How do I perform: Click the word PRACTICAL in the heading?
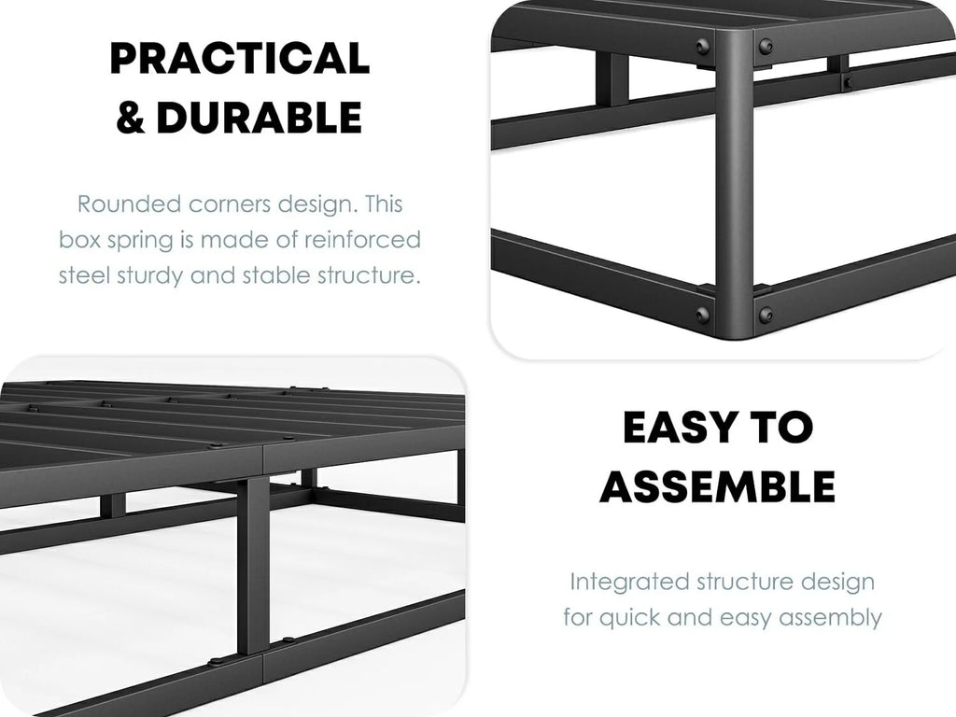pyautogui.click(x=240, y=58)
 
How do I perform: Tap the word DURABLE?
pyautogui.click(x=260, y=117)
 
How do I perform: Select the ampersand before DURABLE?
pyautogui.click(x=131, y=117)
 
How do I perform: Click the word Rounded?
pyautogui.click(x=129, y=204)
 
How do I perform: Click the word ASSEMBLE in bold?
pyautogui.click(x=718, y=486)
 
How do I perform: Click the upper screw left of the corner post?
pyautogui.click(x=701, y=46)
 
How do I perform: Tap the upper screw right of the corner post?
pyautogui.click(x=766, y=46)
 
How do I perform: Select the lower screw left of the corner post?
pyautogui.click(x=702, y=316)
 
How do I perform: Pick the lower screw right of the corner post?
pyautogui.click(x=766, y=316)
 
